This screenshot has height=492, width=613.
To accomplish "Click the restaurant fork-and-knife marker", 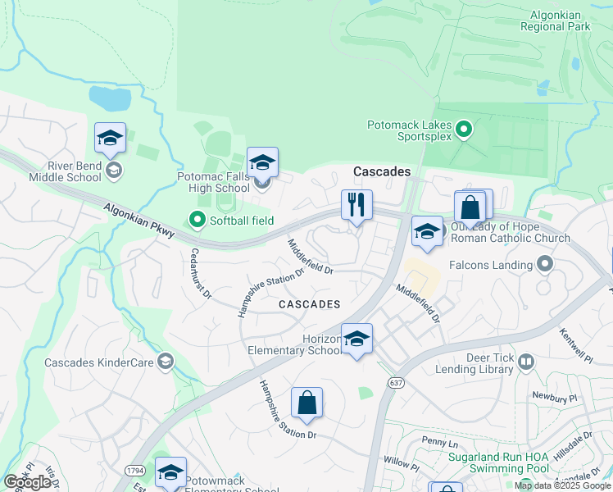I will point(356,205).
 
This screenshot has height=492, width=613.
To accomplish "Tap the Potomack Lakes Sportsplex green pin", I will point(464,129).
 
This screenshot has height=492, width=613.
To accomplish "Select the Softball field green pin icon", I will point(197,220).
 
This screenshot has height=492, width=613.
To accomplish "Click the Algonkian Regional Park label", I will point(555,20).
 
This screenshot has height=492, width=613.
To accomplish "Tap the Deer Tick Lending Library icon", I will point(525,362).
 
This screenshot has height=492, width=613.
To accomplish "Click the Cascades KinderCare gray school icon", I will point(166,362).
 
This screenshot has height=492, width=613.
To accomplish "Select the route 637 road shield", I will point(397,383).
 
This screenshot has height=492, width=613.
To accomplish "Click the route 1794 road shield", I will point(136,470).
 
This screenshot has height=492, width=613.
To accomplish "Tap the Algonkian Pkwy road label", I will point(138,221).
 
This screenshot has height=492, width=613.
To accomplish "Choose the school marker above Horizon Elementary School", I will point(356,339).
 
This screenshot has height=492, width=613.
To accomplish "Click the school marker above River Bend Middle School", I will point(110,139).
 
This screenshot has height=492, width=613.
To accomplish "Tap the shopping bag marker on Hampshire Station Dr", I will point(306,403).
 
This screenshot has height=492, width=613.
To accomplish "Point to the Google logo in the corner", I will point(28,481).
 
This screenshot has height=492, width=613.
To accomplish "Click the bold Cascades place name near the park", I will point(382,171).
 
